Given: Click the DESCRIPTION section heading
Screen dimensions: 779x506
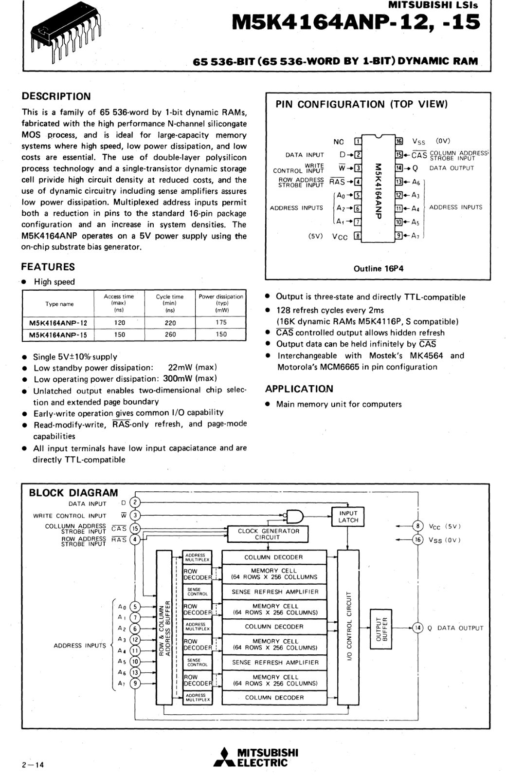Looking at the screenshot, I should (56, 96).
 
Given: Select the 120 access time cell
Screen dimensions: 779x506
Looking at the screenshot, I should (119, 322).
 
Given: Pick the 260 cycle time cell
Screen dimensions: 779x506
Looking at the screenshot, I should (170, 334).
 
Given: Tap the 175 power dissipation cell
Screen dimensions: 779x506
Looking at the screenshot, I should (221, 322).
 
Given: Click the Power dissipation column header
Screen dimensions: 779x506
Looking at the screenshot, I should (221, 303).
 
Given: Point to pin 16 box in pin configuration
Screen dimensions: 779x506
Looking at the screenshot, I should (399, 142).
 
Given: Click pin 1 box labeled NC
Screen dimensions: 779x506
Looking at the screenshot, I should (358, 142).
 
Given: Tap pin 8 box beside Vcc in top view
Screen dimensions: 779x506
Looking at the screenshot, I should (358, 236).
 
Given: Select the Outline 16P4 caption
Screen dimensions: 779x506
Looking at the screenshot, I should (378, 268).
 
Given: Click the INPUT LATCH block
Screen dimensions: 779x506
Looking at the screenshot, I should (348, 517).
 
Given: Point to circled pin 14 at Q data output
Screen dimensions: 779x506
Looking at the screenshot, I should (417, 628).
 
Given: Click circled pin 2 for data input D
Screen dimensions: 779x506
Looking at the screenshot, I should (136, 503).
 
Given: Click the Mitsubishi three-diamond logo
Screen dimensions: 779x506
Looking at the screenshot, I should (224, 758).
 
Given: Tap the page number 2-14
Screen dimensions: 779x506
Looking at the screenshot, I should (33, 765).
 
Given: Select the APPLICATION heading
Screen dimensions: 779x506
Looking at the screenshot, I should (299, 389).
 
